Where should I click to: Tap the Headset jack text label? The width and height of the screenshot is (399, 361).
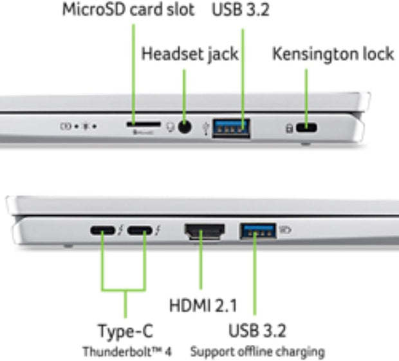tap(190, 54)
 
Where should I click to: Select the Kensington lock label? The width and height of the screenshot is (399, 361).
tap(333, 54)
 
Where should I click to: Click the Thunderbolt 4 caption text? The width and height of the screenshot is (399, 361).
tap(127, 351)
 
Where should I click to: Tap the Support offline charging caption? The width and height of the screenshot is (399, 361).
tap(257, 351)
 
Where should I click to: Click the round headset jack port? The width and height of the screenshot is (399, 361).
tap(185, 127)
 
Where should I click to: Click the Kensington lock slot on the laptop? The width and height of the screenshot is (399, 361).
tap(308, 128)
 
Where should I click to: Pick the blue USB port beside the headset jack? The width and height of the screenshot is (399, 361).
tap(231, 127)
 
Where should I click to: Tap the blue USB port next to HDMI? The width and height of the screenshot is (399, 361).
tap(258, 230)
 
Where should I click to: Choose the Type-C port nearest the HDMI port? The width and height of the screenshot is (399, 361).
tap(142, 231)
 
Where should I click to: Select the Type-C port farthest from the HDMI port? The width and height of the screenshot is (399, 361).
tap(103, 231)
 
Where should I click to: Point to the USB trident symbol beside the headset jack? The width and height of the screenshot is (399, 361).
tap(205, 128)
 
